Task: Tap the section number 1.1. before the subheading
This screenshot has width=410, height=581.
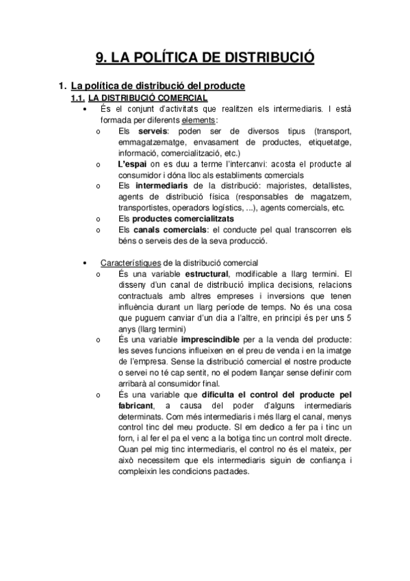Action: click(79, 99)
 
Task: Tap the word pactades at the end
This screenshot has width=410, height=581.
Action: click(231, 472)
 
